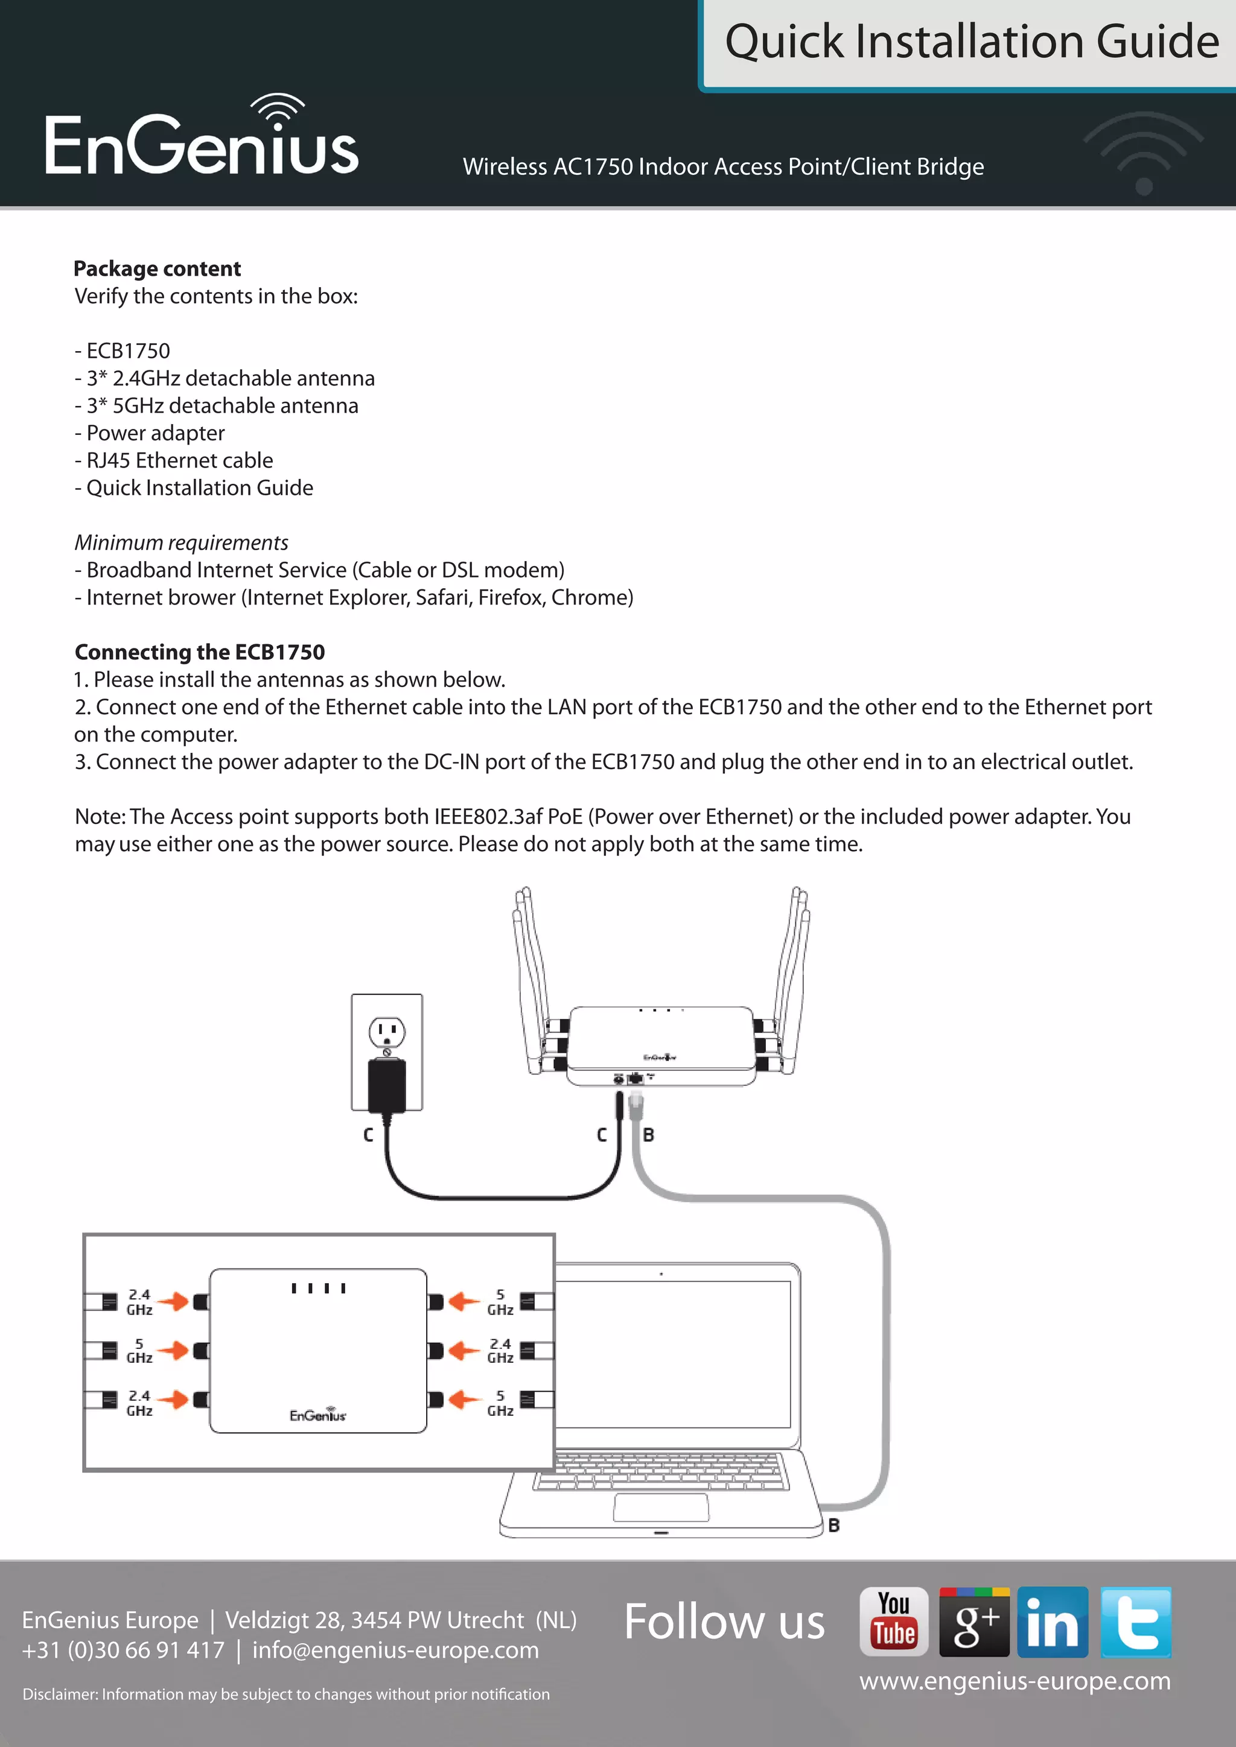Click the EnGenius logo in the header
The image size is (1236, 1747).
pos(202,139)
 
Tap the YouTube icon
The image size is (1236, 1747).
pos(894,1622)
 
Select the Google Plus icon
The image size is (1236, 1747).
pos(973,1622)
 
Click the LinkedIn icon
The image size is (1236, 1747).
pos(1052,1622)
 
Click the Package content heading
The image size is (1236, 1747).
pos(157,268)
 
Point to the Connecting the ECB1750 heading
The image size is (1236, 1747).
pos(199,652)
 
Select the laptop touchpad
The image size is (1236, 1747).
pos(661,1508)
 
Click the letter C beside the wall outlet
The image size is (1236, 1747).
pos(368,1135)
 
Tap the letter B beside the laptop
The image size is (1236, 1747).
pos(834,1525)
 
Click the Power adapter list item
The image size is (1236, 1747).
pos(155,433)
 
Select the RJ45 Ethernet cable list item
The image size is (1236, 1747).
pos(180,460)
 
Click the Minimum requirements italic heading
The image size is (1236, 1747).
pos(181,542)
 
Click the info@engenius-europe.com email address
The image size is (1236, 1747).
pos(395,1650)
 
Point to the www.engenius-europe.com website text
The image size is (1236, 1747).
pos(1015,1681)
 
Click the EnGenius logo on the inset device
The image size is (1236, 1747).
pos(317,1415)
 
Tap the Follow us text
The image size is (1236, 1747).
pos(724,1622)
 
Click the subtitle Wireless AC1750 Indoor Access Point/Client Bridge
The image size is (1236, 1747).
pos(723,166)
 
